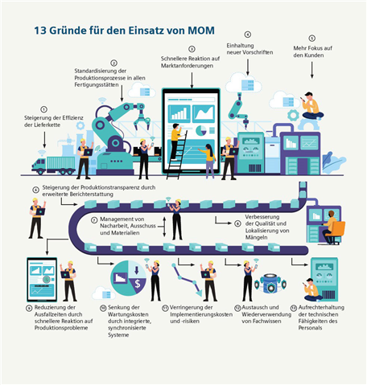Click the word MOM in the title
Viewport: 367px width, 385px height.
(x=201, y=31)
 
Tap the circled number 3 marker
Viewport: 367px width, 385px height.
(x=192, y=49)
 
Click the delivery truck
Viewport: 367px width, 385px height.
(x=54, y=165)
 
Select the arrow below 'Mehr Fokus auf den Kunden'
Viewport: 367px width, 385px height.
(x=311, y=70)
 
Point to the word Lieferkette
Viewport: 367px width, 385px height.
(x=46, y=125)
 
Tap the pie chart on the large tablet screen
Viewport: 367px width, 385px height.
(x=201, y=130)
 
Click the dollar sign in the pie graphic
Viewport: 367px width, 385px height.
(x=138, y=284)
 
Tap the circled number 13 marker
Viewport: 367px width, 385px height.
(x=294, y=308)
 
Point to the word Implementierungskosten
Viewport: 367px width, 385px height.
(x=201, y=314)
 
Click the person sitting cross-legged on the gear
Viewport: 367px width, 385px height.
(x=312, y=106)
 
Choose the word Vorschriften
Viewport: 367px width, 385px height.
(x=258, y=52)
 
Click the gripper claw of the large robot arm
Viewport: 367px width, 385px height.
(x=142, y=120)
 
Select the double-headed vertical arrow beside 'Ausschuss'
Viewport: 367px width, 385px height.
(x=164, y=227)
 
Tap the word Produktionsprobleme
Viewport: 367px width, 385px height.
(x=61, y=328)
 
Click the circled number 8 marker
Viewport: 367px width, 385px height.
(x=237, y=223)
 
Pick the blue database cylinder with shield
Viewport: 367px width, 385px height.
(x=270, y=284)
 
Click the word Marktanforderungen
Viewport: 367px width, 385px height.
(x=187, y=66)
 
